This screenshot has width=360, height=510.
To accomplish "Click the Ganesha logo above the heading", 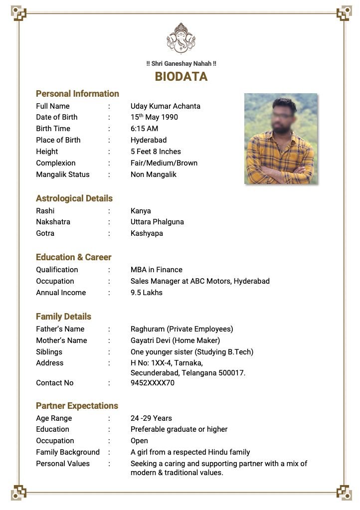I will click(x=180, y=38).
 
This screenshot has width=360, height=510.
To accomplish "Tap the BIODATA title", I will click(x=181, y=77).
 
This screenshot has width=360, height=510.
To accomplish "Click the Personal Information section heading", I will click(x=77, y=94).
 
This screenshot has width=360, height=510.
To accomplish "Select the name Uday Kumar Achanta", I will click(x=165, y=106).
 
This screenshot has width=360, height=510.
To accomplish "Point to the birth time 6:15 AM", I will click(x=144, y=129).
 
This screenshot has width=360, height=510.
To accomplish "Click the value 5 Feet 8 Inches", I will click(x=156, y=152).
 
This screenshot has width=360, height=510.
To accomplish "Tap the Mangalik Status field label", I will click(x=63, y=174).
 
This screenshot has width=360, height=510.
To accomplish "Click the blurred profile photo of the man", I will click(x=281, y=139).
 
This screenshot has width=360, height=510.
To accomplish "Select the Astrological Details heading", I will click(x=74, y=198).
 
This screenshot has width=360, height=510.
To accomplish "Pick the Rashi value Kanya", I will click(x=141, y=211).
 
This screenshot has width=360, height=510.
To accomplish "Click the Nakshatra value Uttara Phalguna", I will click(x=157, y=222).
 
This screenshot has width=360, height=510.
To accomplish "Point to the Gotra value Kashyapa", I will click(x=147, y=233).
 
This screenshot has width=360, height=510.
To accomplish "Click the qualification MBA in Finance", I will click(x=157, y=270).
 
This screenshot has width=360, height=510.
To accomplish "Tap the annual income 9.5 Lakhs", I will click(x=146, y=293).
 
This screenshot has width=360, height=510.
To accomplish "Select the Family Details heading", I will click(x=63, y=317).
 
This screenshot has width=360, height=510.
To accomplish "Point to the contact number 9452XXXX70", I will click(x=153, y=383).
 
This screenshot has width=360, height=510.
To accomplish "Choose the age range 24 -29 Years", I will click(x=151, y=418).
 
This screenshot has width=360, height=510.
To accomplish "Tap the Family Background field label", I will click(x=68, y=452).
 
